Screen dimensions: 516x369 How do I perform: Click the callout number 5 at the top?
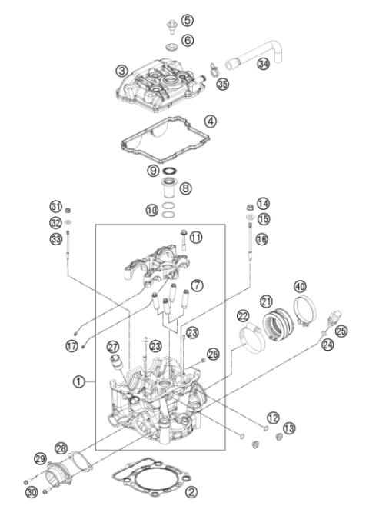[x=188, y=19]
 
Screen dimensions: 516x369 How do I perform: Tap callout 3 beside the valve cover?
[x=121, y=70]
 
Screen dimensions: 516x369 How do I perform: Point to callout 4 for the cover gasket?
[x=210, y=121]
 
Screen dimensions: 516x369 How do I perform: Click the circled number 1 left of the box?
[x=78, y=380]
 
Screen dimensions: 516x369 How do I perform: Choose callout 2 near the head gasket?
[x=191, y=494]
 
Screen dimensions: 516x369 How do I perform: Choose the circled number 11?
[x=197, y=238]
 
